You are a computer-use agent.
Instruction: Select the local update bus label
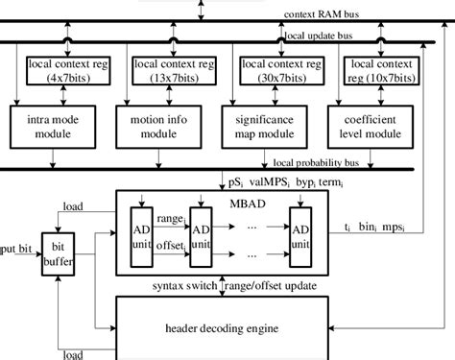(x=320, y=36)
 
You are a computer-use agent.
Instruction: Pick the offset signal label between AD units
(x=172, y=249)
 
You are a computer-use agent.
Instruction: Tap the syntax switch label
(x=183, y=286)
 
